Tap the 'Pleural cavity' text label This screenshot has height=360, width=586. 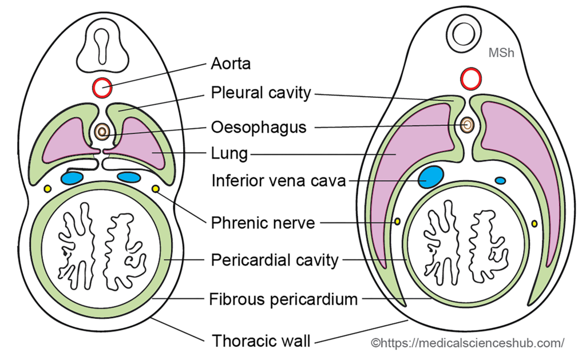tap(260, 92)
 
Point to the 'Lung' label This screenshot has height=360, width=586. tap(229, 153)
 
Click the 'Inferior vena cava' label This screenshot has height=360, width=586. tap(279, 181)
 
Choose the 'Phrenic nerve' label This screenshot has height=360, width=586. tap(263, 222)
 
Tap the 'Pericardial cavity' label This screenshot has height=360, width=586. tap(275, 260)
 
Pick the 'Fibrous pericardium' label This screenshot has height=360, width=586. tap(283, 299)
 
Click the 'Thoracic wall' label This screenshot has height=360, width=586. tap(262, 341)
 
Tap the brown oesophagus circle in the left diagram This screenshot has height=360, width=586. tap(102, 132)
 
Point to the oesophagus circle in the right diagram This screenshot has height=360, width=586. tap(468, 124)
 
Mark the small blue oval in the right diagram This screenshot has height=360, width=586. tap(500, 181)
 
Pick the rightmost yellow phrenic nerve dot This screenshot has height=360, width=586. tap(535, 223)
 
